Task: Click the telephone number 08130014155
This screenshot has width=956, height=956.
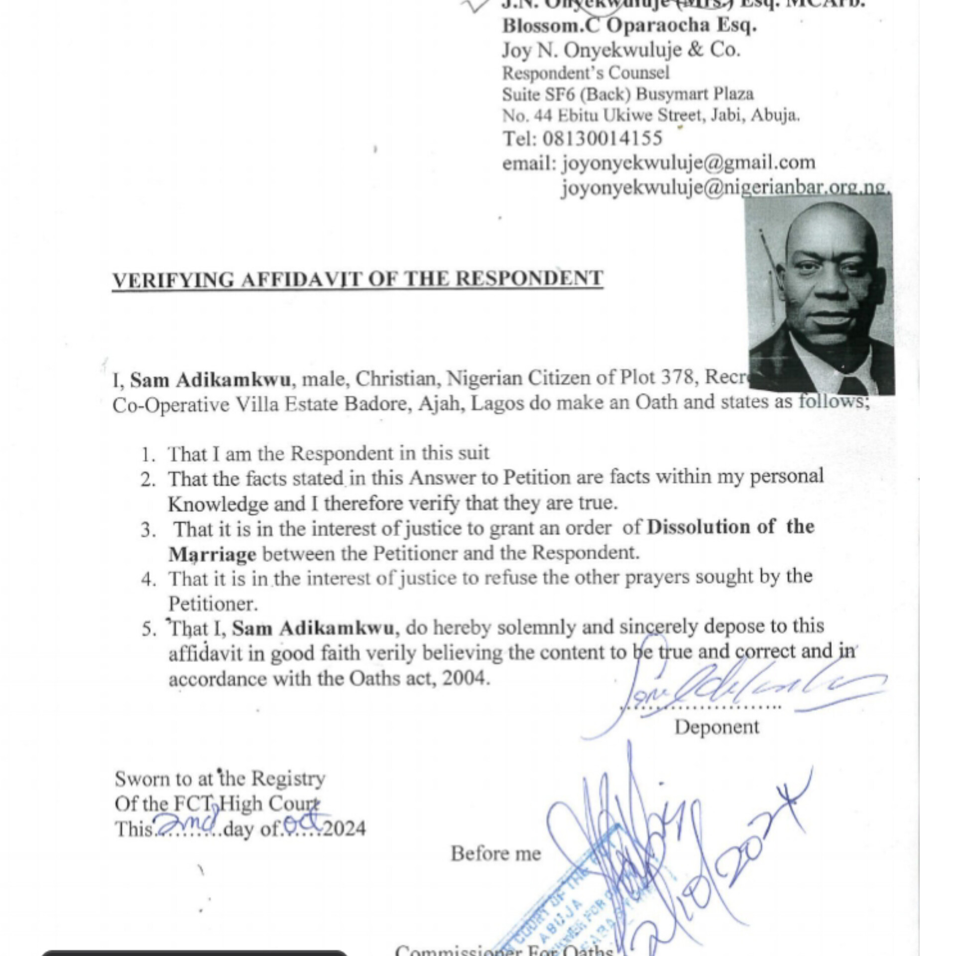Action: click(602, 138)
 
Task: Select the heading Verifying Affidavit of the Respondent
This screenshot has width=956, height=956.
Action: click(358, 279)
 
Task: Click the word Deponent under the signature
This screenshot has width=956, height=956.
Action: click(717, 727)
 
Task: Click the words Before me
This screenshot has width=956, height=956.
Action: click(496, 854)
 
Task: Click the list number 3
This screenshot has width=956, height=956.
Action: click(148, 530)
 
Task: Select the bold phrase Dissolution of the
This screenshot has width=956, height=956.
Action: click(730, 527)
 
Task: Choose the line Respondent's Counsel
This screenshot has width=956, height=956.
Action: click(586, 73)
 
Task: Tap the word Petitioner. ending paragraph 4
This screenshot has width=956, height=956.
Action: click(213, 604)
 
